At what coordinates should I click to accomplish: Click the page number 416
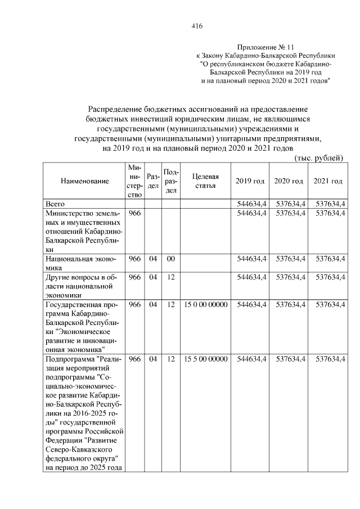point(196,26)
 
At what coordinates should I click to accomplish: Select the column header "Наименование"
point(84,181)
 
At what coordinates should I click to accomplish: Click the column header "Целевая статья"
point(205,181)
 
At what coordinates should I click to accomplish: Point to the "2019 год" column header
point(250,181)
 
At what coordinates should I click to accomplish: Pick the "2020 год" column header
point(289,181)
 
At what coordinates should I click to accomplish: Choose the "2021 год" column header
point(328,181)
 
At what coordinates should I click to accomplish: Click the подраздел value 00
point(170,259)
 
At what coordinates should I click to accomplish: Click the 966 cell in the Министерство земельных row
point(135,213)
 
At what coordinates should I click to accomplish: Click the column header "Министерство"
point(135,181)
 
